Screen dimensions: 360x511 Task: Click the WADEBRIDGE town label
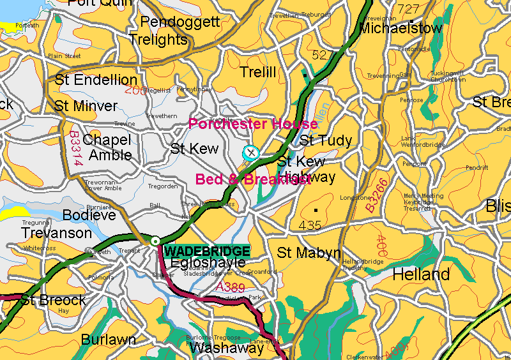pos(207,251)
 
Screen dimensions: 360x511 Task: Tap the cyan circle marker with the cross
pos(251,153)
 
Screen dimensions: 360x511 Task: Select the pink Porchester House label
pos(253,124)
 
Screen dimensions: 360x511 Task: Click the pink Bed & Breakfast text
pos(253,179)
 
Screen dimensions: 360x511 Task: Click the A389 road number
pos(230,287)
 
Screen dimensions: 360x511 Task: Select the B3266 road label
pos(376,195)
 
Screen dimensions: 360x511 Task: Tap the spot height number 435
pos(310,225)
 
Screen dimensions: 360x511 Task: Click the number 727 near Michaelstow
pos(409,9)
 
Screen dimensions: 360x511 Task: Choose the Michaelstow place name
pos(400,28)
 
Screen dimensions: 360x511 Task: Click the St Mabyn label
pos(309,253)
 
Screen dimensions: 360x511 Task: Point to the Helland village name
pos(421,274)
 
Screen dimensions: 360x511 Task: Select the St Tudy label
pos(326,140)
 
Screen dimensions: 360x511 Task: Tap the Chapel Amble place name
pos(107,147)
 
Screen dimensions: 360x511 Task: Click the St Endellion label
pos(96,80)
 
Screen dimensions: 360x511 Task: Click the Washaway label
pos(227,348)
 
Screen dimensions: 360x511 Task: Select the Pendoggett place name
pos(179,22)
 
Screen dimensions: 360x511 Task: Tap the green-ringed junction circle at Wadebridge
pos(155,241)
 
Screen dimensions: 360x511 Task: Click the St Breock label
pos(54,299)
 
